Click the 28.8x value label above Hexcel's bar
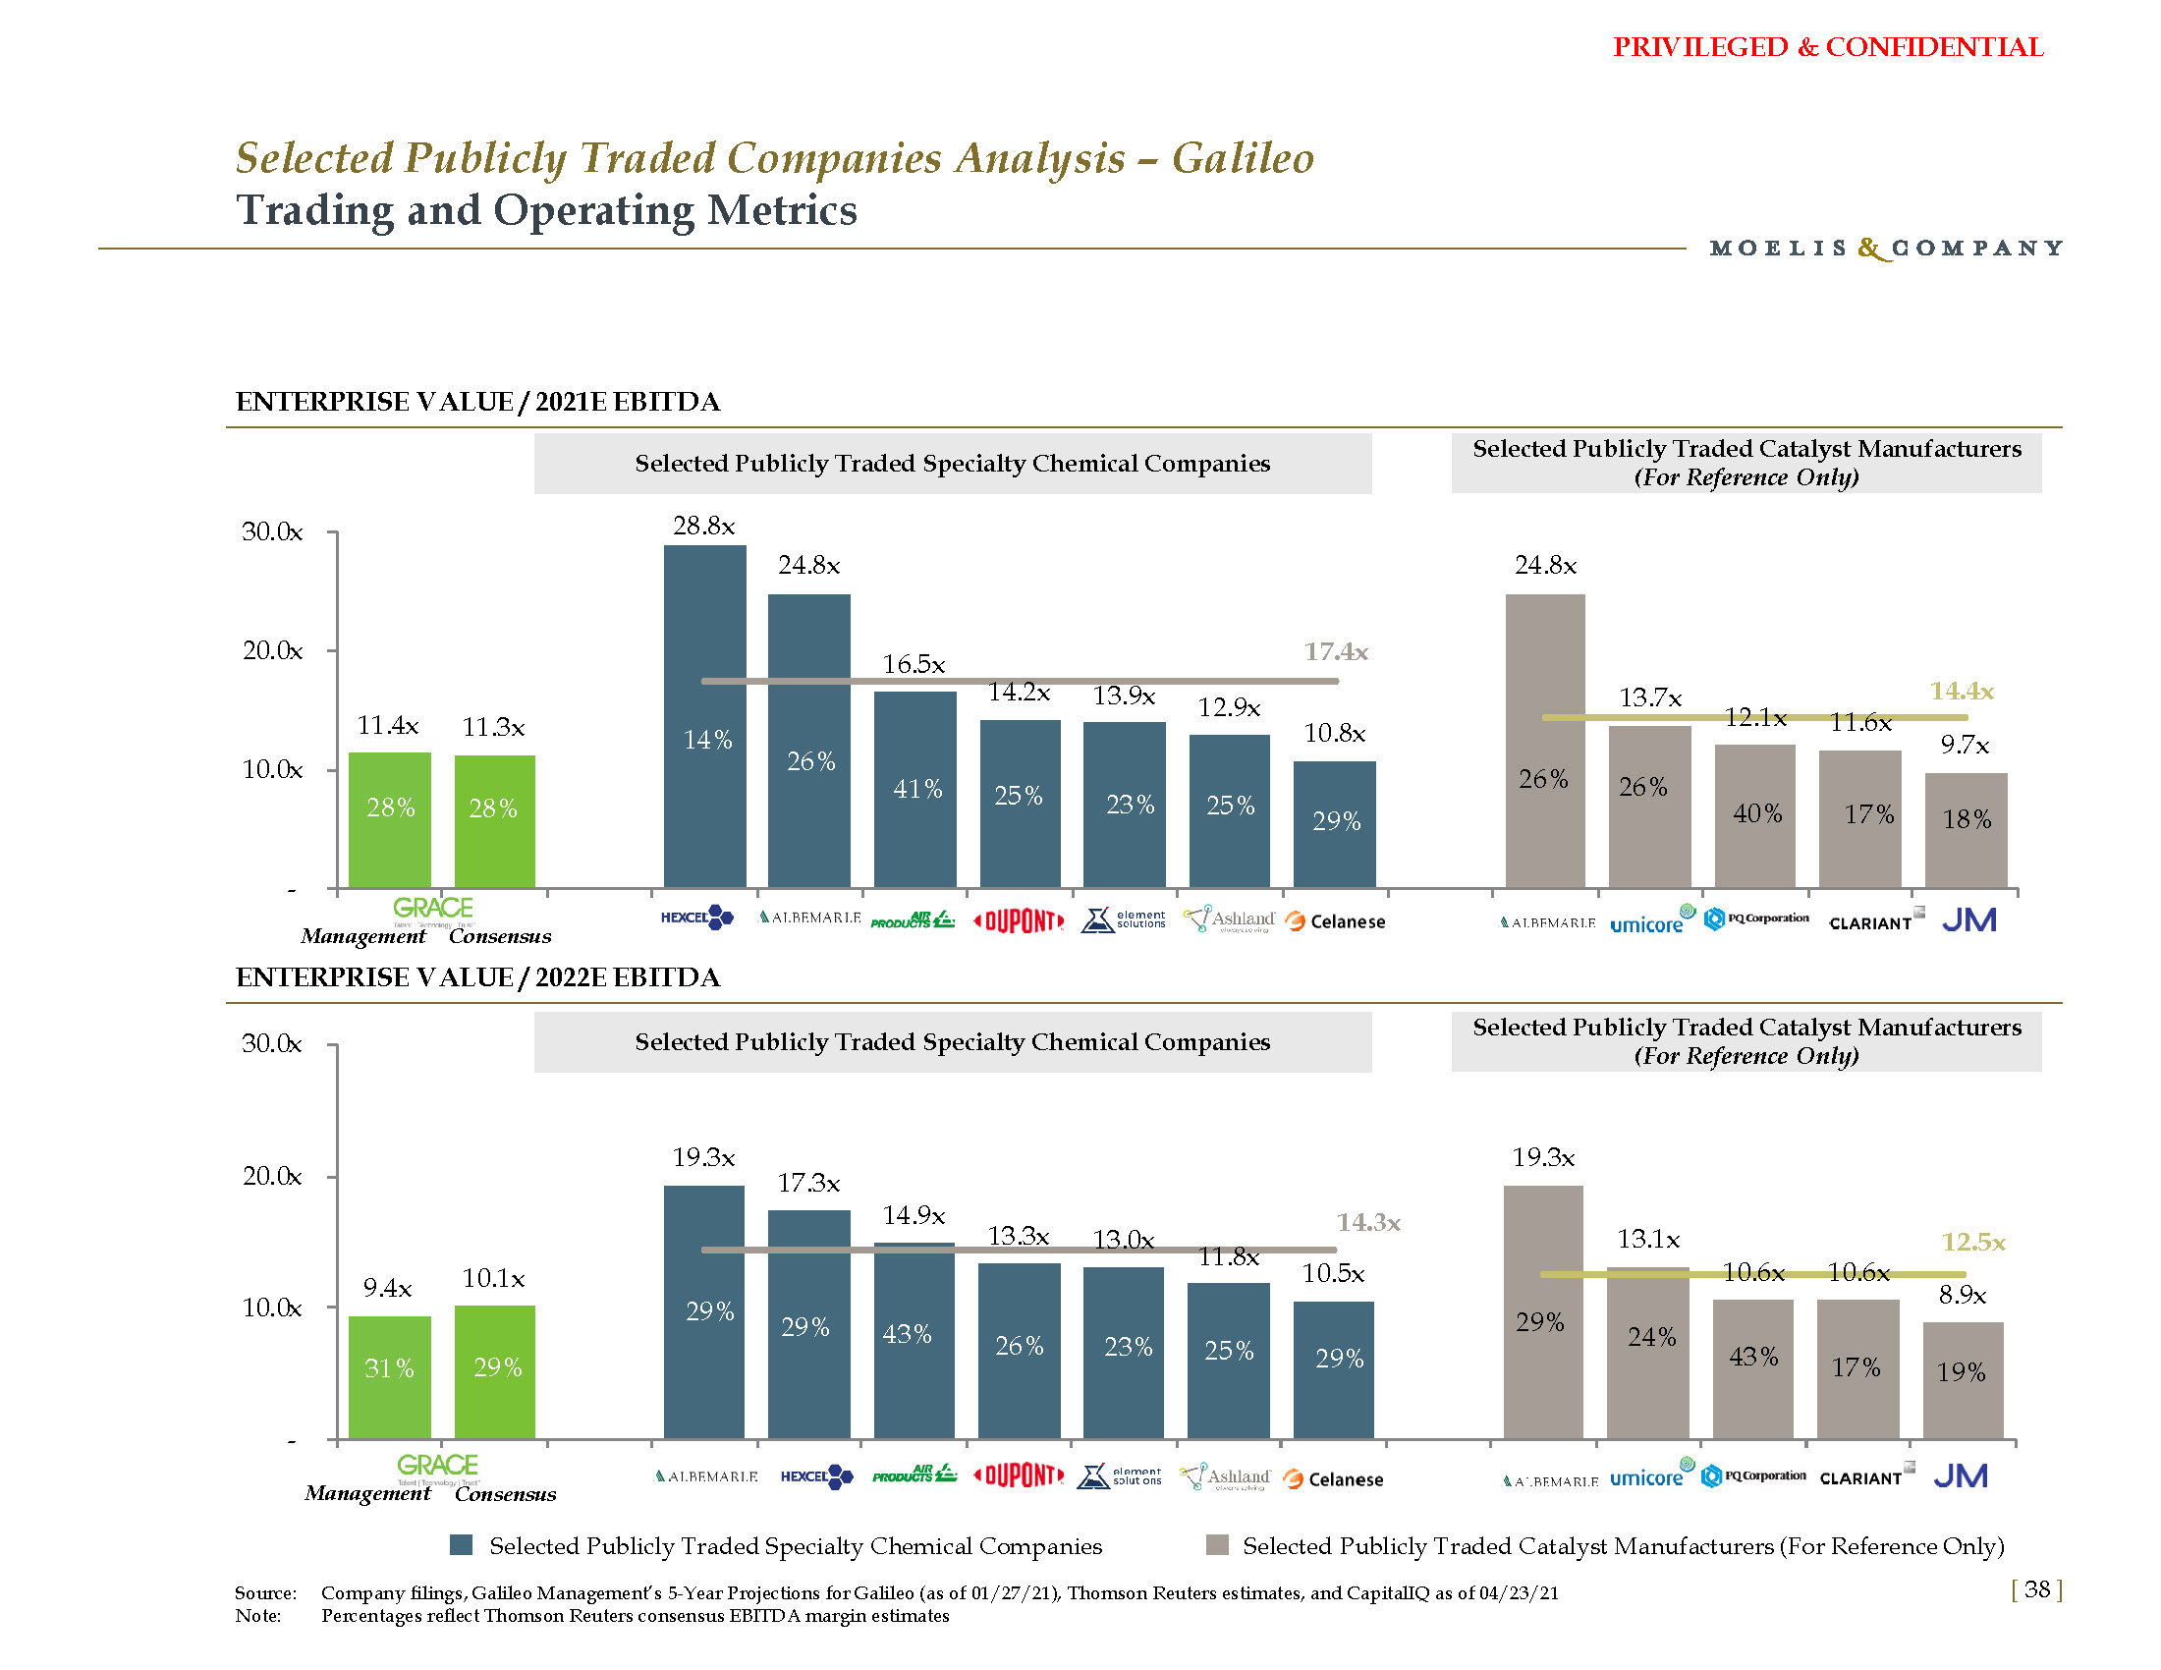pyautogui.click(x=703, y=526)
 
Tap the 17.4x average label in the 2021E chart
pyautogui.click(x=1336, y=651)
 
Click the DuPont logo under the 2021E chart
pyautogui.click(x=1020, y=921)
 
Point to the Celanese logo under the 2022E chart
pyautogui.click(x=1333, y=1479)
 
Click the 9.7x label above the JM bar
pyautogui.click(x=1965, y=745)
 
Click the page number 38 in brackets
pyautogui.click(x=2036, y=1588)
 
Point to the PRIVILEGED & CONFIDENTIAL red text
pyautogui.click(x=1828, y=47)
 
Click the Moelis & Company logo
pyautogui.click(x=1886, y=248)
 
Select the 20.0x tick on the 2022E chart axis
pyautogui.click(x=272, y=1175)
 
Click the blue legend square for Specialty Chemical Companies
pyautogui.click(x=461, y=1545)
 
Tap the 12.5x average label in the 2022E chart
pyautogui.click(x=1973, y=1242)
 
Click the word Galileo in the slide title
pyautogui.click(x=1243, y=158)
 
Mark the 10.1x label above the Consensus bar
pyautogui.click(x=494, y=1278)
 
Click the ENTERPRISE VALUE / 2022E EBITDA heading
pyautogui.click(x=478, y=977)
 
